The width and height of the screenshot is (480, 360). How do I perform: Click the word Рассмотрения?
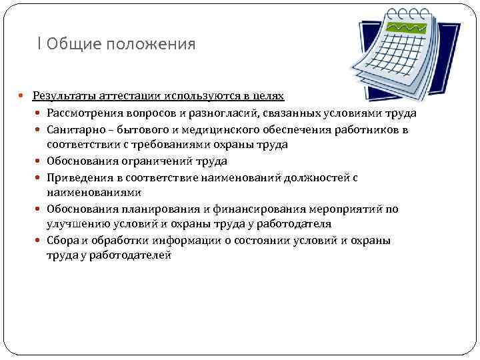tap(83, 113)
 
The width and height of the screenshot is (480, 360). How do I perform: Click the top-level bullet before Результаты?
tap(26, 97)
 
